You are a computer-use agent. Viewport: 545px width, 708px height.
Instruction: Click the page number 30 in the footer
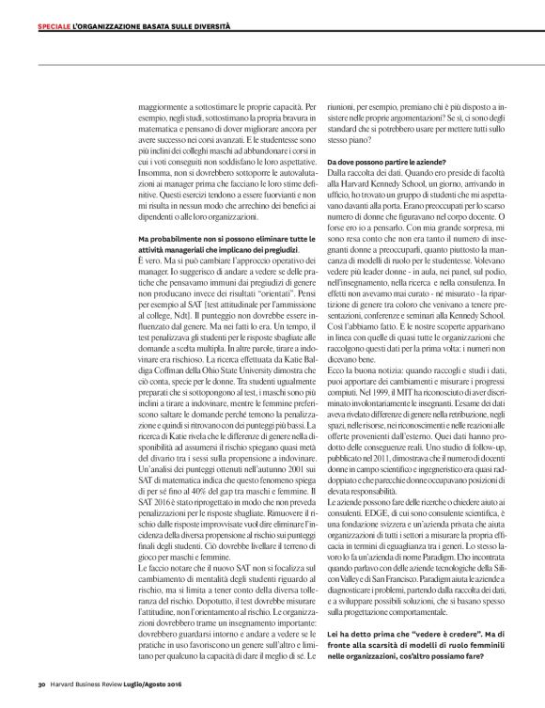(x=41, y=684)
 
